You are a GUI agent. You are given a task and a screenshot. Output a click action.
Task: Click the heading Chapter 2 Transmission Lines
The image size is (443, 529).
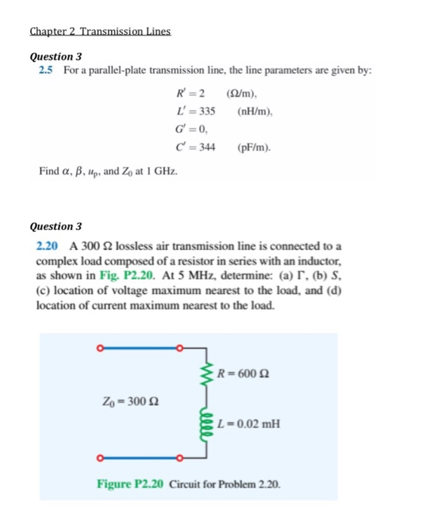(x=100, y=32)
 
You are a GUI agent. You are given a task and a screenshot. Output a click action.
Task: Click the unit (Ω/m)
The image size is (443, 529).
(x=243, y=93)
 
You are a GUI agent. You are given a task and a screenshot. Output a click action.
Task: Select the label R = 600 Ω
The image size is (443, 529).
(x=243, y=372)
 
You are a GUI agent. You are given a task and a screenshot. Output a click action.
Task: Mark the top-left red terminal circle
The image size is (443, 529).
(x=99, y=348)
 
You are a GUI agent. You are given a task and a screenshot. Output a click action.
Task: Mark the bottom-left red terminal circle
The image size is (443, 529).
(x=99, y=457)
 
